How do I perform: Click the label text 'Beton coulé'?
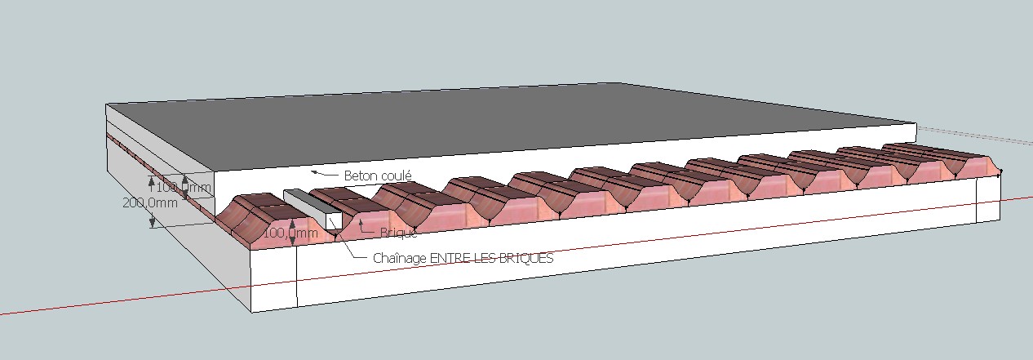378,176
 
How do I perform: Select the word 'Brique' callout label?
398,233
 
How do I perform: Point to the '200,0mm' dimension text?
149,203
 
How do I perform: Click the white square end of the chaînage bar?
332,219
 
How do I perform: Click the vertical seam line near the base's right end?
978,200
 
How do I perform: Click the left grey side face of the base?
180,245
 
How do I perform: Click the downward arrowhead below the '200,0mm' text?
152,221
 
